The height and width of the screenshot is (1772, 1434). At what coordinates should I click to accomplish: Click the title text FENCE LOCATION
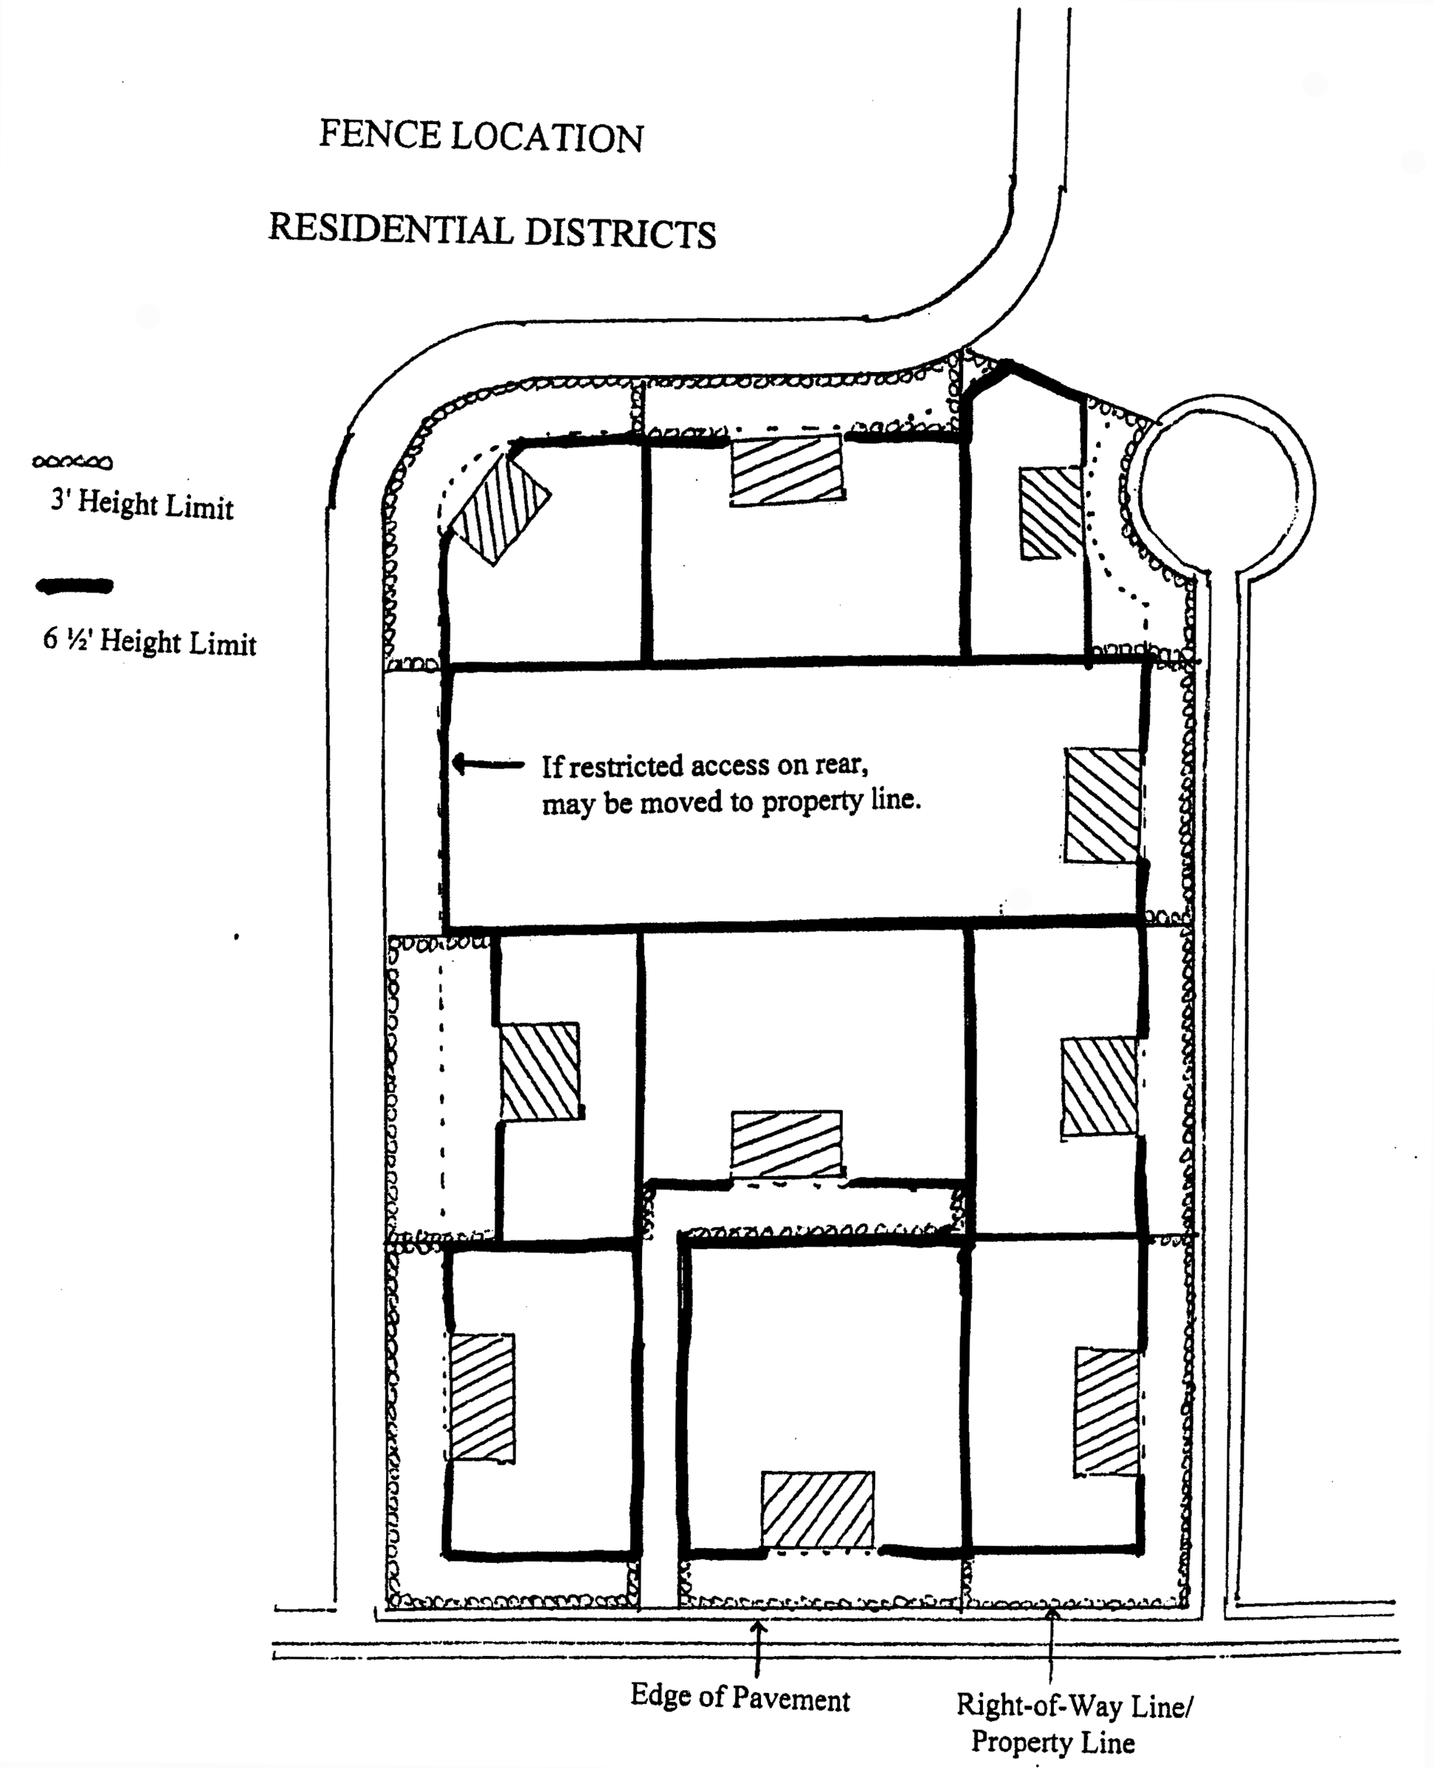(480, 137)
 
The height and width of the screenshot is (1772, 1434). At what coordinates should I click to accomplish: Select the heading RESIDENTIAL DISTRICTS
(492, 230)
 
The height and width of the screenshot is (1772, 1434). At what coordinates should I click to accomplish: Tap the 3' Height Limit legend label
(142, 504)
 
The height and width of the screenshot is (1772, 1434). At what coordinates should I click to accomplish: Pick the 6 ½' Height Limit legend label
(150, 642)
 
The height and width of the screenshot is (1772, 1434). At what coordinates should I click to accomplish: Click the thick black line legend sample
(75, 586)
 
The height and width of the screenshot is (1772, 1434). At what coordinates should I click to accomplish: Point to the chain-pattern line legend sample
(72, 462)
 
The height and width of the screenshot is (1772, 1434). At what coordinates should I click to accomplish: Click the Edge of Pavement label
(740, 1698)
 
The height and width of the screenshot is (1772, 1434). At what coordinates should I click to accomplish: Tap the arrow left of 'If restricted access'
(488, 763)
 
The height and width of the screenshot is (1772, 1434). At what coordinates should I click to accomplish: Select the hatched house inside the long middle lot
(1102, 806)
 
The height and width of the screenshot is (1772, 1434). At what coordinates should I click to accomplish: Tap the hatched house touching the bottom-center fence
(817, 1510)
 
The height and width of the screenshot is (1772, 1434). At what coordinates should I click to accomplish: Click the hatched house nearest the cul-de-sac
(1051, 513)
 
